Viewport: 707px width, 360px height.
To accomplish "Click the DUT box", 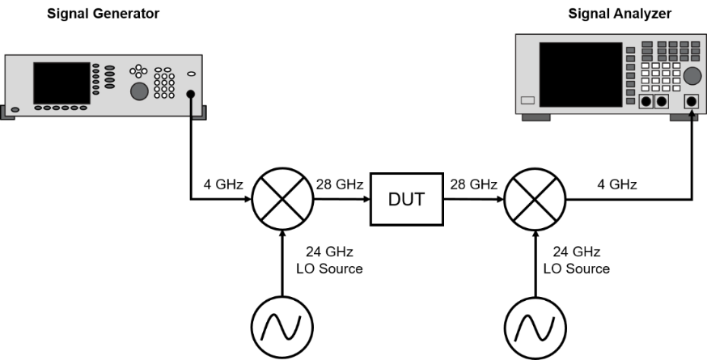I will point(406,199).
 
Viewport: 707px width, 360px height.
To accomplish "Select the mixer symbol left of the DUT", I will point(282,199).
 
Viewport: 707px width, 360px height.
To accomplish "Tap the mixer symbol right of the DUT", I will point(535,199).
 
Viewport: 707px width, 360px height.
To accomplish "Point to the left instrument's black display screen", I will point(61,83).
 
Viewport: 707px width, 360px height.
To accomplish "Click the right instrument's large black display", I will point(580,74).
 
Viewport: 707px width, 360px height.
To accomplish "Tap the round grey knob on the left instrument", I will point(139,91).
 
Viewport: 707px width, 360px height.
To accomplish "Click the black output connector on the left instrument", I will point(192,95).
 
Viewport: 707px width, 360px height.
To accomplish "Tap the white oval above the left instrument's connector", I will point(192,74).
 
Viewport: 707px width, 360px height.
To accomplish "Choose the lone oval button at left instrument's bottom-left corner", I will point(15,108).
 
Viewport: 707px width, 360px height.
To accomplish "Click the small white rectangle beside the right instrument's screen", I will point(528,100).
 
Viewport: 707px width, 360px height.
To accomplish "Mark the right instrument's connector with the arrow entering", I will point(691,102).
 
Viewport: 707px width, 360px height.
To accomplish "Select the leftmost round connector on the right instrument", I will point(646,102).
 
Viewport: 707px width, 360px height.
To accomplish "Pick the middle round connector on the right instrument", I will point(661,102).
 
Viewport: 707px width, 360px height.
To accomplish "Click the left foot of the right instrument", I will point(536,118).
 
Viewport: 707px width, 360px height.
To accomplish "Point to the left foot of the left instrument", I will point(9,113).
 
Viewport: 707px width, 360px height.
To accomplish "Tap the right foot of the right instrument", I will point(684,118).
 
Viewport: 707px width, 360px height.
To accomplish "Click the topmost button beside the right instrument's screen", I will point(630,50).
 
